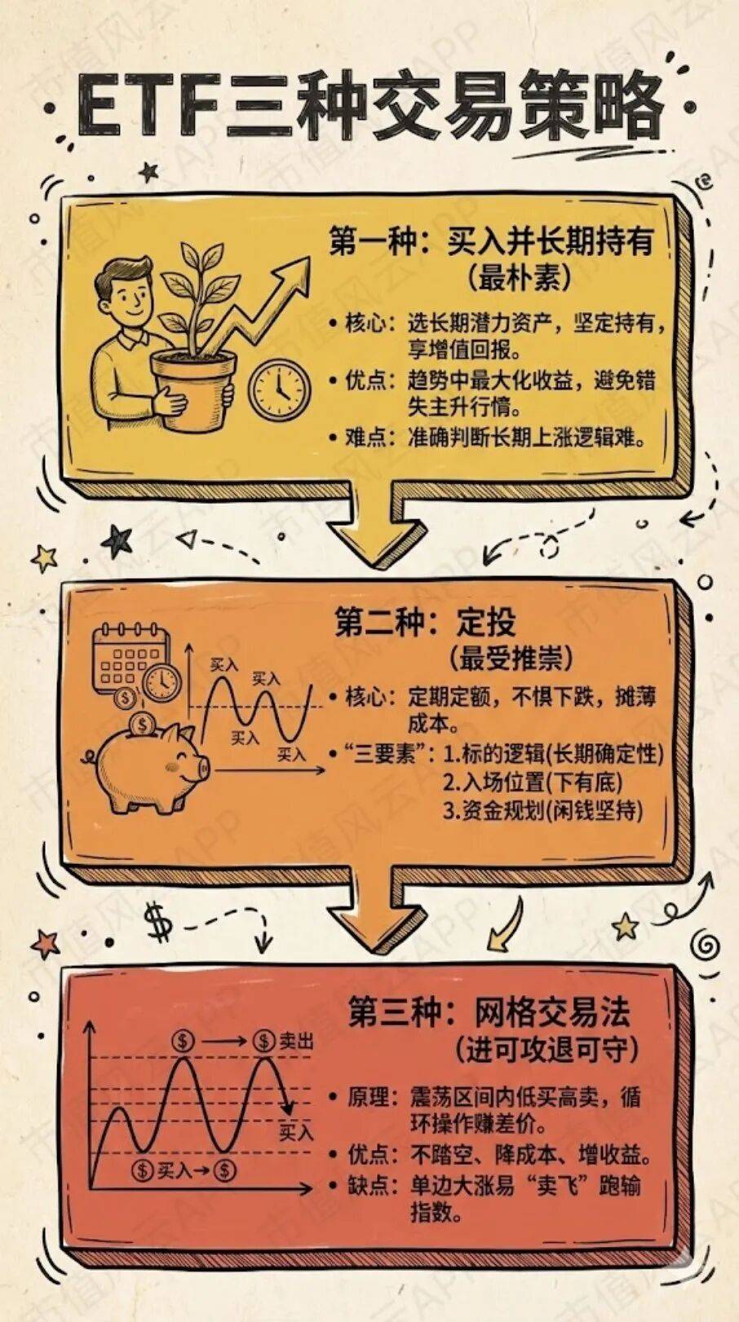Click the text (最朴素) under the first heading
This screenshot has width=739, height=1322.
pos(520,277)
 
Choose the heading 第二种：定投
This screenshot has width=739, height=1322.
pos(425,623)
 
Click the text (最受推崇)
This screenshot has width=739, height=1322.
pos(511,659)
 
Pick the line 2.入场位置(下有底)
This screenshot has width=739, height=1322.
pos(533,782)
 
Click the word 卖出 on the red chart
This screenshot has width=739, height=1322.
pos(296,1042)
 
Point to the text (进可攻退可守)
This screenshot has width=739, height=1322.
pos(547,1051)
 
